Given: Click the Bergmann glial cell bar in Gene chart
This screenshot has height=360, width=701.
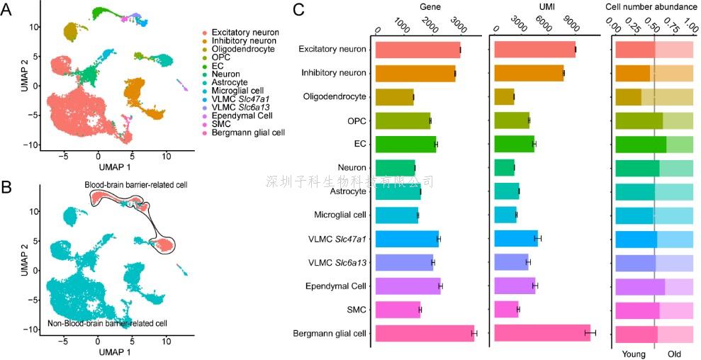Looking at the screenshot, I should (x=424, y=333).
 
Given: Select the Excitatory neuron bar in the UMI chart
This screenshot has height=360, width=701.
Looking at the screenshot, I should (x=534, y=50).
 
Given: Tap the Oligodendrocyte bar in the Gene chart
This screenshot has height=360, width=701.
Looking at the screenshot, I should (x=394, y=97).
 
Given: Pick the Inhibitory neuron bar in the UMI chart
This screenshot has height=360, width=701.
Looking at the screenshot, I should (x=528, y=73).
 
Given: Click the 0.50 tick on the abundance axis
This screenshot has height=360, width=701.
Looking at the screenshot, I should (x=654, y=26).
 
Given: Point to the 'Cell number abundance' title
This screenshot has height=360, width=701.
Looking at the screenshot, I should (x=651, y=6).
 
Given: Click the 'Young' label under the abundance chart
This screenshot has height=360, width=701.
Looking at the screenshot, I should (x=634, y=352).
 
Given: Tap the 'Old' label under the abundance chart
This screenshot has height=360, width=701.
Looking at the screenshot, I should (x=675, y=352).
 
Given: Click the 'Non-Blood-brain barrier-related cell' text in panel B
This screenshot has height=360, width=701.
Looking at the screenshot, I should (x=107, y=323).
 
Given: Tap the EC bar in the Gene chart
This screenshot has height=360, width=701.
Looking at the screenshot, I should (x=405, y=144).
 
